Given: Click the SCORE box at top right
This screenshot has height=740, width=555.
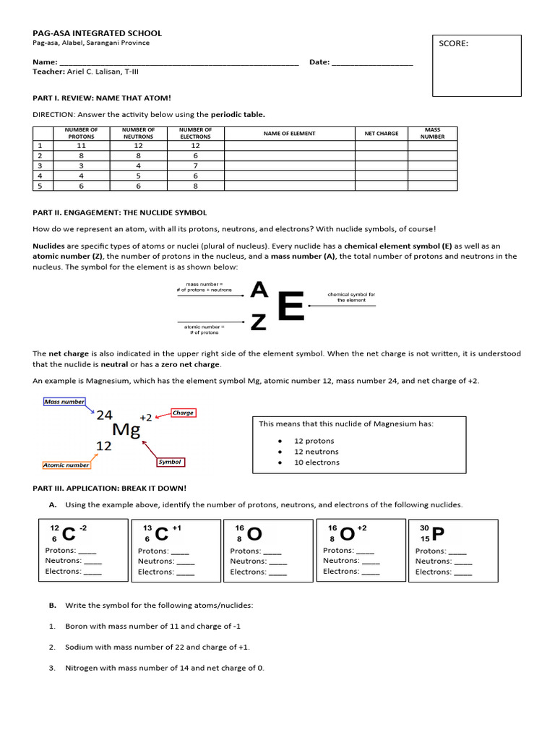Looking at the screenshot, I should tap(476, 65).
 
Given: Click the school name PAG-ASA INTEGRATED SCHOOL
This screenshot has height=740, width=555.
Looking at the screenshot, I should tap(98, 33).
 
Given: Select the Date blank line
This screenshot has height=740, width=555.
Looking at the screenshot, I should tap(372, 63).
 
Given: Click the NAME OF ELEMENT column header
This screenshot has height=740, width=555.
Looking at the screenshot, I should tap(289, 134).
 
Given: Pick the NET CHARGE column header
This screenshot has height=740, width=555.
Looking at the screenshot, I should tap(382, 134).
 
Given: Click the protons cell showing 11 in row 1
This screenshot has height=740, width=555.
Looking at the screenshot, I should tap(81, 145).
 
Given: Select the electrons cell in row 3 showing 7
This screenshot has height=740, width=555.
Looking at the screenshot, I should tap(195, 165).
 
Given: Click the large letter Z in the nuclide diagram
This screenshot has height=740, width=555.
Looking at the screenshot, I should tap(258, 323).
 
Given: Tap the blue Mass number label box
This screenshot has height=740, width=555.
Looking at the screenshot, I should tap(64, 402).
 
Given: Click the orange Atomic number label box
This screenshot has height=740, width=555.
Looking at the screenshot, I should tap(66, 465).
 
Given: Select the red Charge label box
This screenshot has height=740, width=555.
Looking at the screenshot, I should tap(183, 413).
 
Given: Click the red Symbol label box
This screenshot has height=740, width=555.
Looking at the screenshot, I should tap(171, 462).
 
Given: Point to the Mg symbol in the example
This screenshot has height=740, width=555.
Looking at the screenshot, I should tap(126, 430).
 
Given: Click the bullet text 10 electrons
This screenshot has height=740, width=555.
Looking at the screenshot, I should tap(317, 462).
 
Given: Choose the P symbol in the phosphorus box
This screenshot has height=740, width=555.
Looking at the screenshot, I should tap(438, 533).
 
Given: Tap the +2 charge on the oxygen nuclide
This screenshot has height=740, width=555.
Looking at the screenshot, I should tap(361, 528).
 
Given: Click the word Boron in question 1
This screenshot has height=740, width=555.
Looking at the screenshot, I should tap(76, 626).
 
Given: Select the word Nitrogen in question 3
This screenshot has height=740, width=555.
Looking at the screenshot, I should tap(80, 668).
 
